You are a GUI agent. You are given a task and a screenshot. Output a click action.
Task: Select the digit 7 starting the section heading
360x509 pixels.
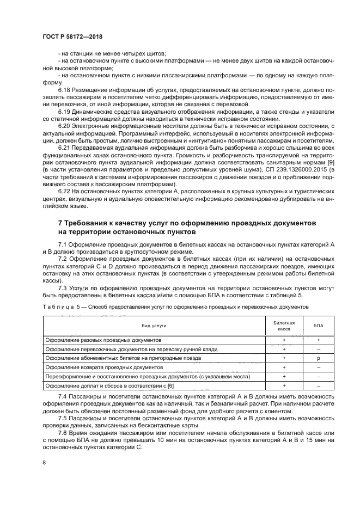pos(60,224)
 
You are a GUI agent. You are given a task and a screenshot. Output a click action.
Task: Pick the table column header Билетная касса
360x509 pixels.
pos(284,326)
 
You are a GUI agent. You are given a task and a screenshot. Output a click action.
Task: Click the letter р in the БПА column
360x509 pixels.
pos(318,358)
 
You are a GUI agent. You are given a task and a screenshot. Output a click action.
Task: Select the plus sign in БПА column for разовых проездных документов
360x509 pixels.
pos(318,340)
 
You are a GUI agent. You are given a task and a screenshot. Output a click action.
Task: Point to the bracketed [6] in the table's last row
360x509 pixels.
pos(155,386)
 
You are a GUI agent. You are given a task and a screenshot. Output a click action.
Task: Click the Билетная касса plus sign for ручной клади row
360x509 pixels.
pos(284,349)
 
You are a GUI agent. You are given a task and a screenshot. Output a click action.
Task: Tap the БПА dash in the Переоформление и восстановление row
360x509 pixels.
pos(318,377)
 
